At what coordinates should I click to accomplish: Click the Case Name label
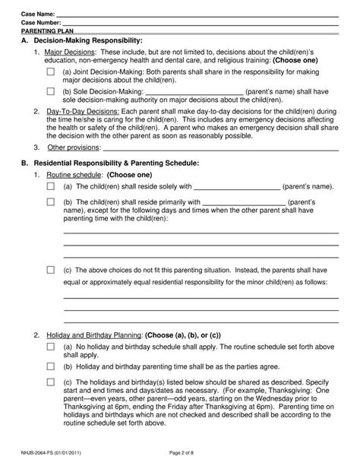coord(38,15)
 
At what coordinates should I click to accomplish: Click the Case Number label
coord(40,23)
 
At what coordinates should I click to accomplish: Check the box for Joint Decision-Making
coord(51,71)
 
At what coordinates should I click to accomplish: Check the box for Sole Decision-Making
coord(51,90)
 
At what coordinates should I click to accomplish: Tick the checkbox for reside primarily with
coord(51,202)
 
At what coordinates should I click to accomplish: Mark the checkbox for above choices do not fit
coord(51,269)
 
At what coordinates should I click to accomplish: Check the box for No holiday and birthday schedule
coord(51,347)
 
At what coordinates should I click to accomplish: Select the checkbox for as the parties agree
coord(51,366)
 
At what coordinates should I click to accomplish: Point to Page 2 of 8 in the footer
coord(179,453)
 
